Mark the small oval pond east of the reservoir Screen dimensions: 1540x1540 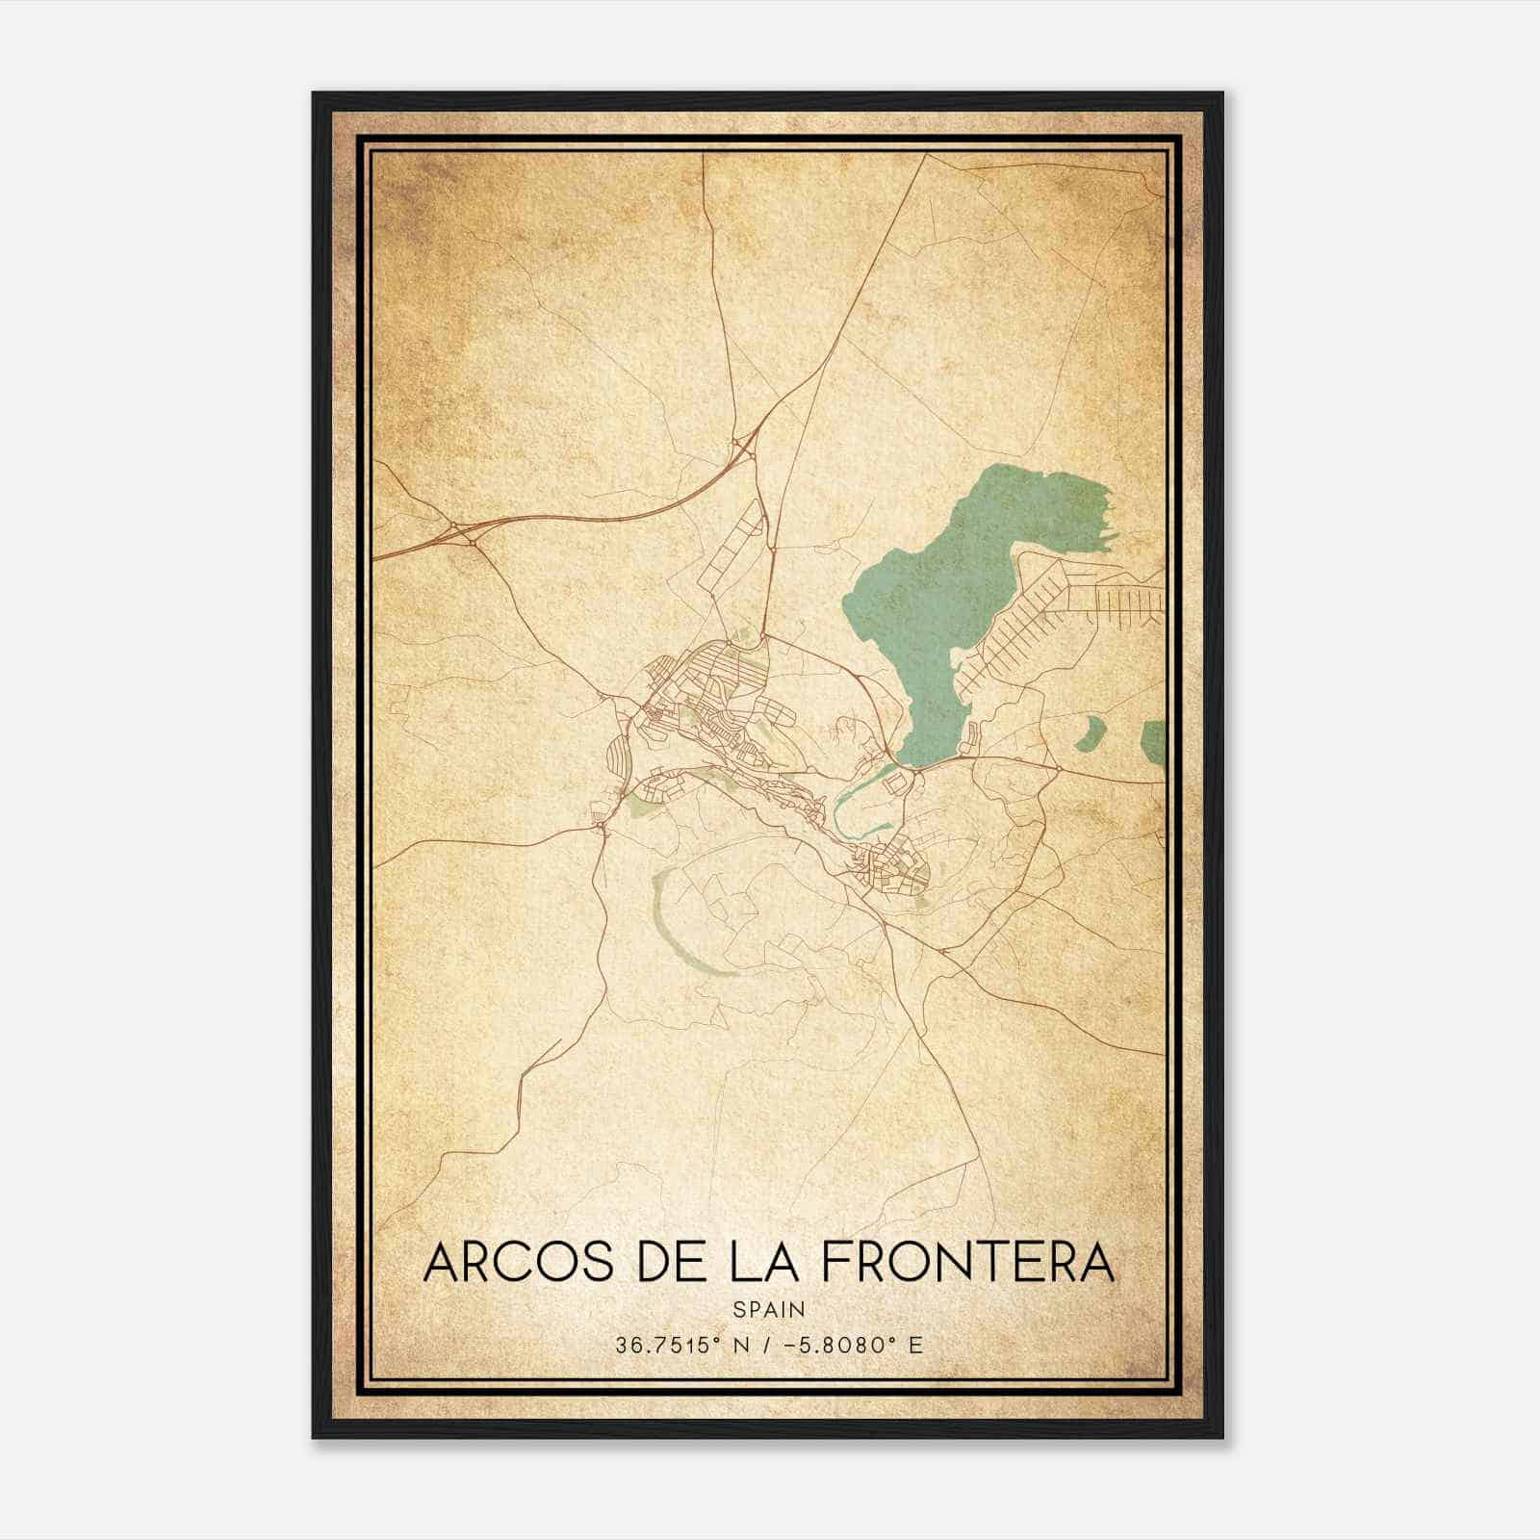tap(1091, 734)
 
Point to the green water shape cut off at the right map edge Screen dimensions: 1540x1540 tap(1153, 739)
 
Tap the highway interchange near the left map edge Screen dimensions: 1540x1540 tap(460, 531)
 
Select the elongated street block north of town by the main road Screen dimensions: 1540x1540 tap(736, 549)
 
